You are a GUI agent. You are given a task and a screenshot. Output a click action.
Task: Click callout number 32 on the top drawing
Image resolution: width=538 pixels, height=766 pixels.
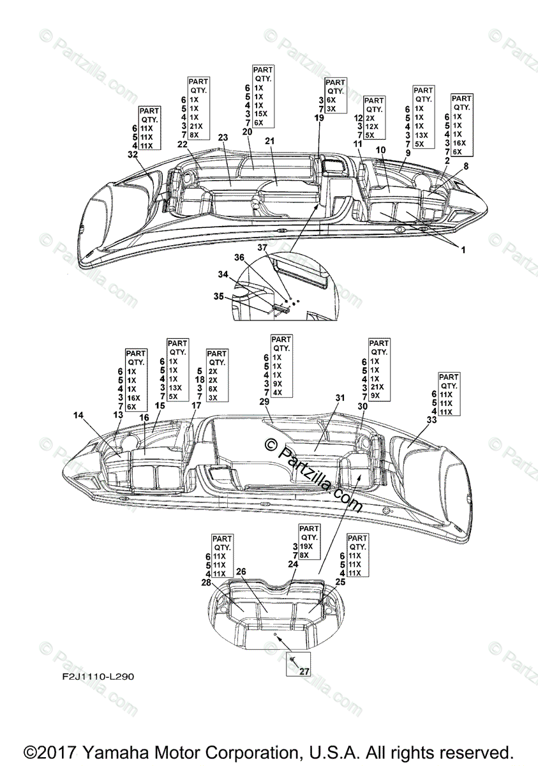[132, 154]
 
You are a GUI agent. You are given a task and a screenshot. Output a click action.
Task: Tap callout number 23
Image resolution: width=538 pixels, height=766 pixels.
[223, 137]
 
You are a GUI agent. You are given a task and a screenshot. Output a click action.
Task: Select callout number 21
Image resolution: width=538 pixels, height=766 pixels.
[269, 141]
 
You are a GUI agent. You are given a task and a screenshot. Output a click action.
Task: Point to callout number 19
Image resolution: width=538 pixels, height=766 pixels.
[319, 117]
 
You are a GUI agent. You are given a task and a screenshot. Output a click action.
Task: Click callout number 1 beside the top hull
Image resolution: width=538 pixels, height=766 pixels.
[463, 250]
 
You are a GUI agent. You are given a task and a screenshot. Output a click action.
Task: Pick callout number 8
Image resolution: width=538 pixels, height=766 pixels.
[465, 166]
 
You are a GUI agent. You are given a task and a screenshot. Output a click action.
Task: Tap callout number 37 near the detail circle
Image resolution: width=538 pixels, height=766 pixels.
[262, 247]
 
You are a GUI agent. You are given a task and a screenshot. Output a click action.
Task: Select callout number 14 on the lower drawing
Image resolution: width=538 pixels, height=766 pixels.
[78, 416]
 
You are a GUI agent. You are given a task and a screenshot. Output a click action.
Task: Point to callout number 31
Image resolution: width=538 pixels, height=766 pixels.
[340, 398]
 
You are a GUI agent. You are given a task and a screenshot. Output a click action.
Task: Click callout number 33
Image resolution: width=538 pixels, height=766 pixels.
[432, 420]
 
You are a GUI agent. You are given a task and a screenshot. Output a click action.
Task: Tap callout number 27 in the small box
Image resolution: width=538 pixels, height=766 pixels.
[303, 671]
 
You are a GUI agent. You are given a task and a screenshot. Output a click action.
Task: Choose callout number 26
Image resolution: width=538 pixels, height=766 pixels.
[241, 571]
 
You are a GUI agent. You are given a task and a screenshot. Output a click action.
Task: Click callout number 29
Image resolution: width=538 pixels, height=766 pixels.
[265, 402]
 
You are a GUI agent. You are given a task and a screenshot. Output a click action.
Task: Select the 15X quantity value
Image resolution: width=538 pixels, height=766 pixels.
[260, 113]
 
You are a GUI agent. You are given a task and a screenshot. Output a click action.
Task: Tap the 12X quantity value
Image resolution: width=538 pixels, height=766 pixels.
[371, 126]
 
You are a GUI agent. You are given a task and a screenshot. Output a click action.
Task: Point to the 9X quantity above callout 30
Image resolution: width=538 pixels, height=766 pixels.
[375, 396]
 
